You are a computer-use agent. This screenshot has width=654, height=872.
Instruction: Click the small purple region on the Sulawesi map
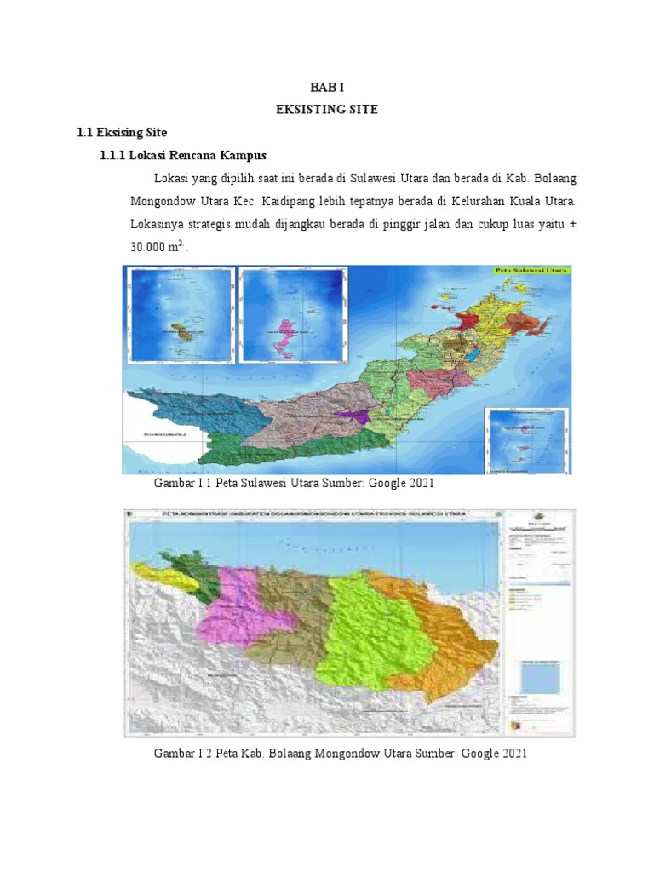(351, 415)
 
